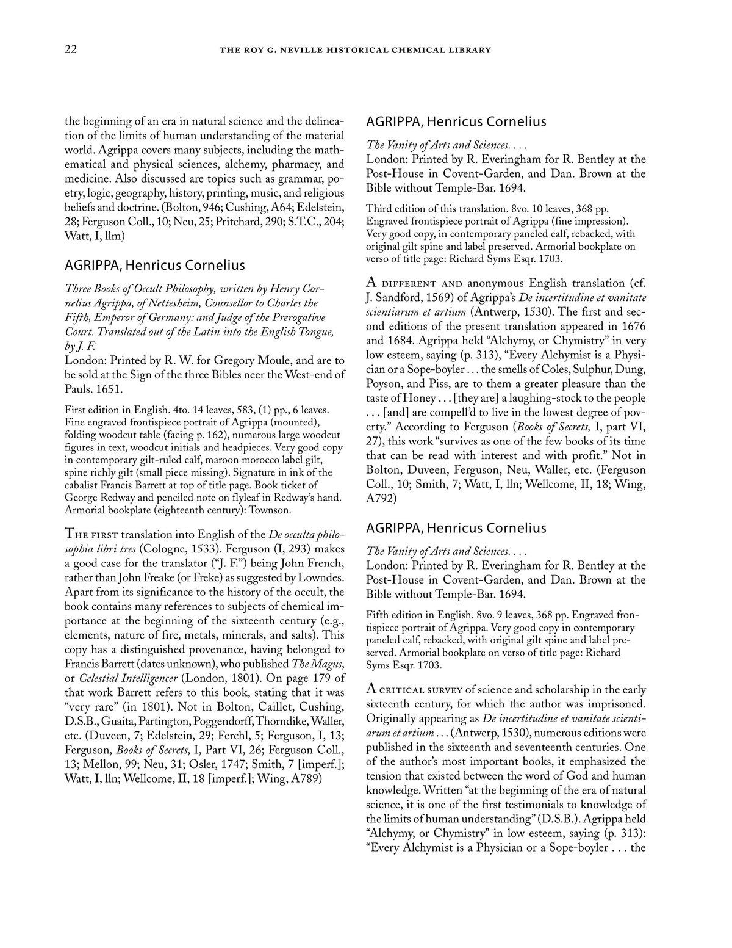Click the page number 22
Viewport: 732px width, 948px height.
coord(70,49)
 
